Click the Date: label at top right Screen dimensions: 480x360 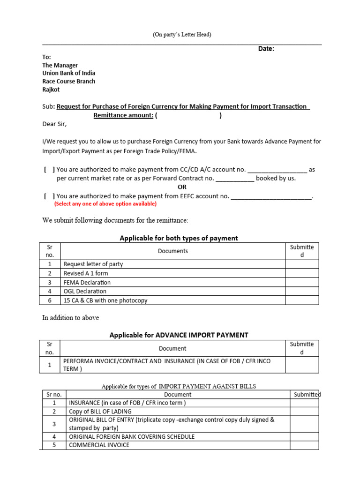click(266, 49)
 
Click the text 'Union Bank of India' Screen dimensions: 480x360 click(68, 73)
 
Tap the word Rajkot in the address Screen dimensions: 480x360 click(51, 89)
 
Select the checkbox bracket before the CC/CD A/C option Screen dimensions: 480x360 click(49, 170)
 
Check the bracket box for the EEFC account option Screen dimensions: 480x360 click(49, 196)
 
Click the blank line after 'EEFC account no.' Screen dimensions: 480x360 click(271, 197)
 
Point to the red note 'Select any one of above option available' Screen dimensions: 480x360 click(105, 204)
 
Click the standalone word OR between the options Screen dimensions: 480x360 click(182, 187)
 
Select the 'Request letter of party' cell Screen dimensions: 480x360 click(93, 264)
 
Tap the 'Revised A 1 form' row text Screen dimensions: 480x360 click(86, 273)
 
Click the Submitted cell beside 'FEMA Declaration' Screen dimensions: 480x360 click(302, 282)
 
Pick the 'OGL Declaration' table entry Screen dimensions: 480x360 click(85, 291)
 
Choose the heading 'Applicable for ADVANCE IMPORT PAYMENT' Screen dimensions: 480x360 click(179, 335)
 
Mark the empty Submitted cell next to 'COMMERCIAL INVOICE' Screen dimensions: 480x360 click(304, 445)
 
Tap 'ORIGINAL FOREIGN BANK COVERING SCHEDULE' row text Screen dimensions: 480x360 click(132, 436)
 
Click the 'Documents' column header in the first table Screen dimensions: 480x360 click(172, 251)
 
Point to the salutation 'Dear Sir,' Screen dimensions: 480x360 click(54, 124)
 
